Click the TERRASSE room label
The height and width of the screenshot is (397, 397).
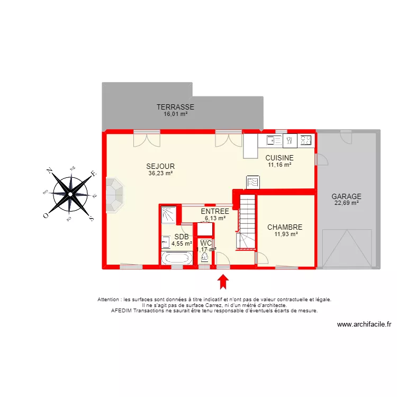click(x=175, y=107)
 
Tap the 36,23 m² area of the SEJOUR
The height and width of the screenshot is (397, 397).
click(x=160, y=173)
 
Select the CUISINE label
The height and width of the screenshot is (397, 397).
click(x=279, y=158)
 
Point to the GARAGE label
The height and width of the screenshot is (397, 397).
click(x=346, y=196)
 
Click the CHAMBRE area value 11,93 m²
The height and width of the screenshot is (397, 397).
click(x=286, y=234)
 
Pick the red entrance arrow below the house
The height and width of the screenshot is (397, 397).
click(x=223, y=282)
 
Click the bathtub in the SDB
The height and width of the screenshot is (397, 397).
click(x=177, y=258)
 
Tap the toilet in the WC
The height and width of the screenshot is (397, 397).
click(x=204, y=257)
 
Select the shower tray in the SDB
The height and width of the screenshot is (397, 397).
click(x=169, y=215)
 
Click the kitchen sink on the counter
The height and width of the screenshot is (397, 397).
click(x=274, y=140)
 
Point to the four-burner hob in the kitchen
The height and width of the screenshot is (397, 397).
click(x=306, y=140)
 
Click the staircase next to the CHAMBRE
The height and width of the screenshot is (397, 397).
click(x=246, y=222)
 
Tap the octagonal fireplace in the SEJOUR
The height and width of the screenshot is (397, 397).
click(x=114, y=195)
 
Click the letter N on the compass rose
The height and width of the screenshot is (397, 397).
click(x=49, y=170)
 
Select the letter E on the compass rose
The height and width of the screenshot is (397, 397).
click(x=94, y=174)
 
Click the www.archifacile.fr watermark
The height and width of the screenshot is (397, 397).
click(x=364, y=324)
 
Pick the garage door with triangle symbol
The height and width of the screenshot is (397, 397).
click(x=347, y=248)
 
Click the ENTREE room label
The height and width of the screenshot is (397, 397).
click(x=215, y=211)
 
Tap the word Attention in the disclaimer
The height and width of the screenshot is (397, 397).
click(x=108, y=300)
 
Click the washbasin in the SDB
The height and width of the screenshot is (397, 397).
click(x=166, y=242)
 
